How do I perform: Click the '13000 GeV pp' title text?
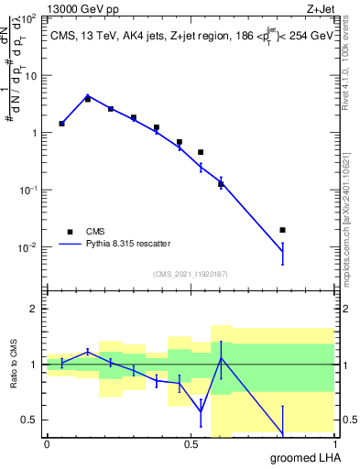[x=80, y=7]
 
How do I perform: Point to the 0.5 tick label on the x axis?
[x=191, y=444]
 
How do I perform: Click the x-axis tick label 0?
[x=47, y=444]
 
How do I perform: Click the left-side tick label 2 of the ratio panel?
[x=38, y=309]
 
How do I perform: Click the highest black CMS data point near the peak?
[x=88, y=99]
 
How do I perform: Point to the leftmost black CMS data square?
[x=61, y=123]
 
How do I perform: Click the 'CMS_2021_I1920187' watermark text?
[x=190, y=273]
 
